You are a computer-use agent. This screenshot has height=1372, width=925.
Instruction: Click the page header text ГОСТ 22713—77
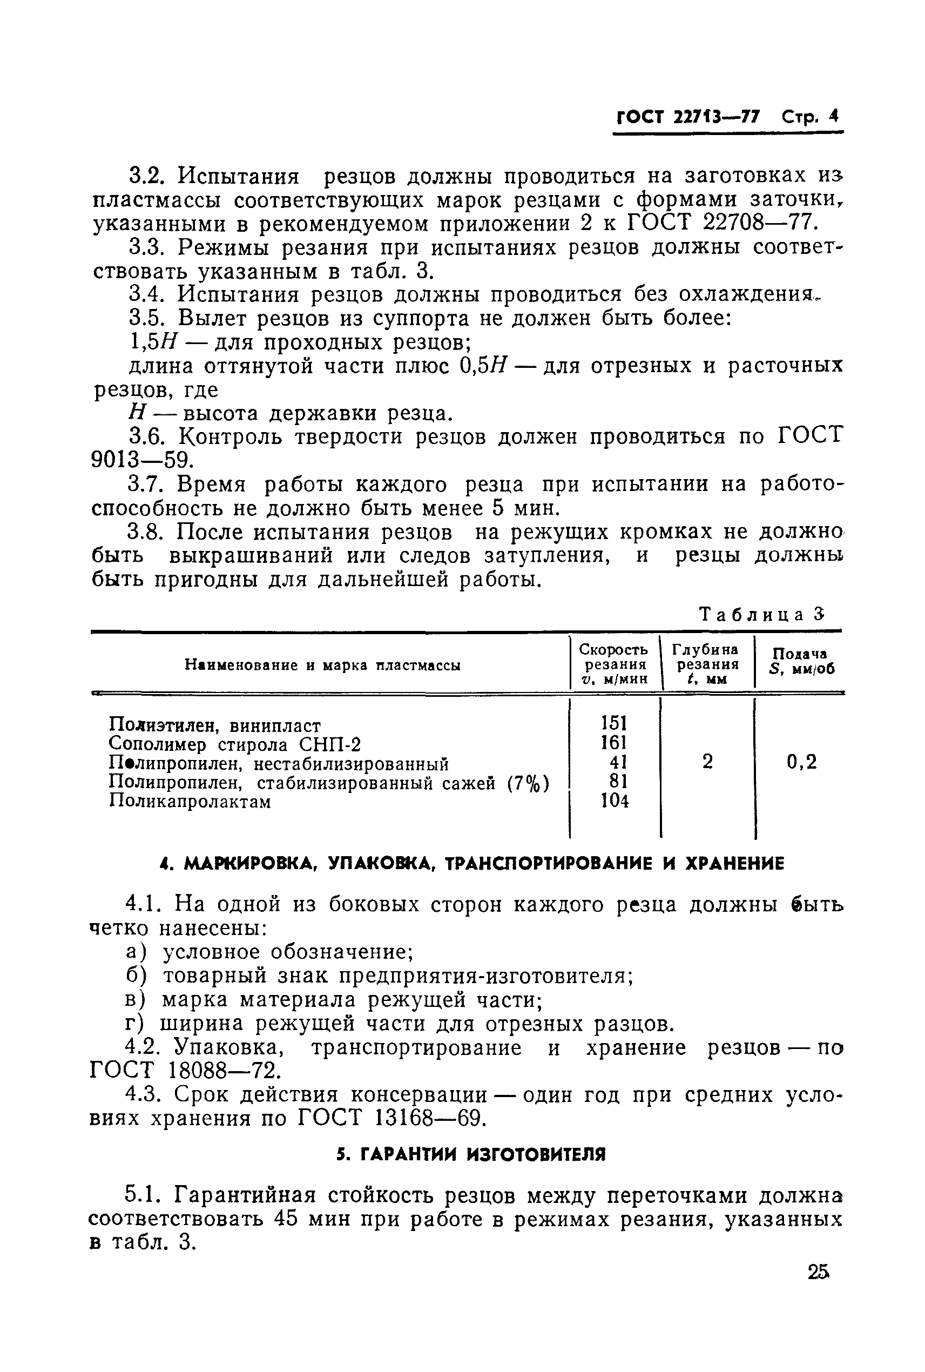[688, 116]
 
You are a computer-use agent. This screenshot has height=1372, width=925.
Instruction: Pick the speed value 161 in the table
[613, 742]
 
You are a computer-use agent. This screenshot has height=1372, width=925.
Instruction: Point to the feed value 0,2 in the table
[802, 762]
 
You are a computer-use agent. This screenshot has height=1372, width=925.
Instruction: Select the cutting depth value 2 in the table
[707, 762]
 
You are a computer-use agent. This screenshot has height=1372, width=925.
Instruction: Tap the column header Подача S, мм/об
[802, 662]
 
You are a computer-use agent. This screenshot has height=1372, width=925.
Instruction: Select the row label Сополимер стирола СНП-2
[234, 744]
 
